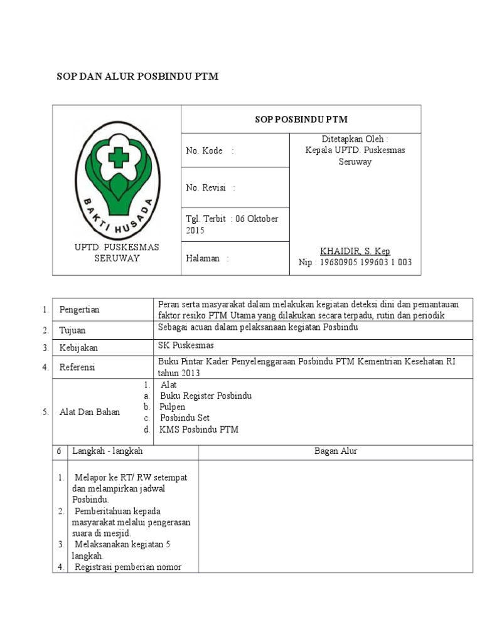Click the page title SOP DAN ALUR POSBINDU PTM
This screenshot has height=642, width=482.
click(x=138, y=76)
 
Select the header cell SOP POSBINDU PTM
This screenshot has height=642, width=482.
click(x=301, y=119)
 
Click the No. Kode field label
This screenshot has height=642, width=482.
click(x=205, y=150)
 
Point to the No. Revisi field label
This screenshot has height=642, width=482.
click(x=206, y=187)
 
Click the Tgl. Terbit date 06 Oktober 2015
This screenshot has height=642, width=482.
click(x=232, y=224)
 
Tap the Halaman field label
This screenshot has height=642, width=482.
click(x=203, y=258)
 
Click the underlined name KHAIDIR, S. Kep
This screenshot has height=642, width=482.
click(x=355, y=251)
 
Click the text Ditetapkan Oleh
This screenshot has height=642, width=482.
click(x=355, y=139)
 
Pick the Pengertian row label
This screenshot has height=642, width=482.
click(x=79, y=310)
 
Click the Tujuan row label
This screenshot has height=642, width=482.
click(x=72, y=330)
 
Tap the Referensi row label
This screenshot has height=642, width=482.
click(x=77, y=367)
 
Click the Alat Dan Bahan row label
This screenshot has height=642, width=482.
click(x=89, y=412)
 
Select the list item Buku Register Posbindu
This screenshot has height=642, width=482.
click(x=206, y=396)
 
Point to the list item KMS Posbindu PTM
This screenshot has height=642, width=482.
click(x=199, y=429)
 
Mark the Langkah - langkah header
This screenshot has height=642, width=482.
click(x=107, y=451)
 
